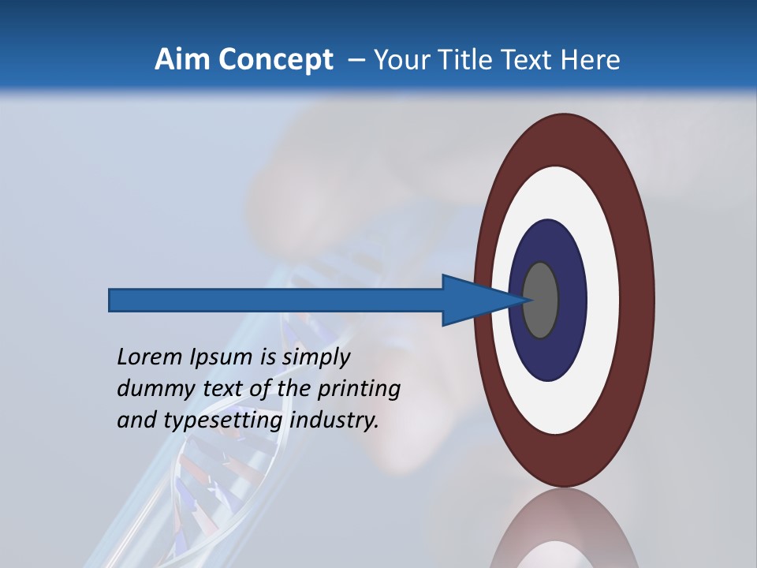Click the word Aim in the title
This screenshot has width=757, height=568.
click(184, 59)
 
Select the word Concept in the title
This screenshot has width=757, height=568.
click(276, 60)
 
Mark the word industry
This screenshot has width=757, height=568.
click(334, 420)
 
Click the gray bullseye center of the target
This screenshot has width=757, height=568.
click(541, 300)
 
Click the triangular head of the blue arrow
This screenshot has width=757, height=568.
click(473, 300)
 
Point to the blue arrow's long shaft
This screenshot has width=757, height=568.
click(276, 300)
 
